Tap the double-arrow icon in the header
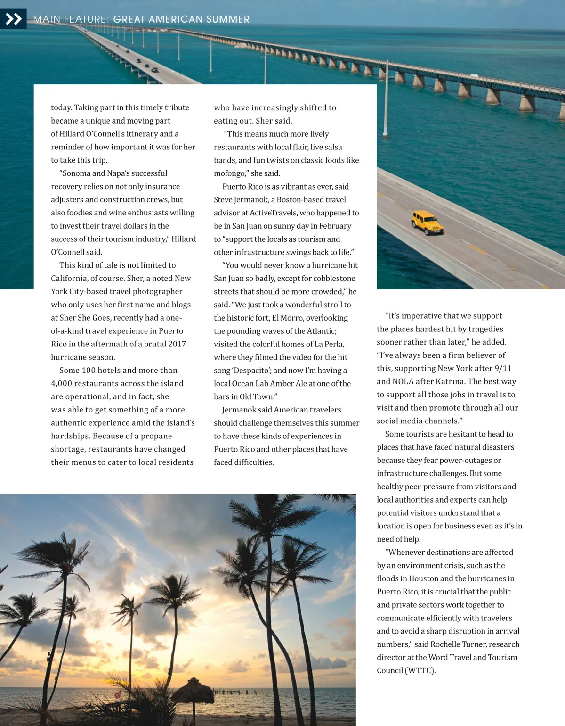(x=13, y=19)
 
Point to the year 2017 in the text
(x=177, y=344)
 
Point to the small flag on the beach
(x=118, y=694)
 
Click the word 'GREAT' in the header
(x=129, y=19)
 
